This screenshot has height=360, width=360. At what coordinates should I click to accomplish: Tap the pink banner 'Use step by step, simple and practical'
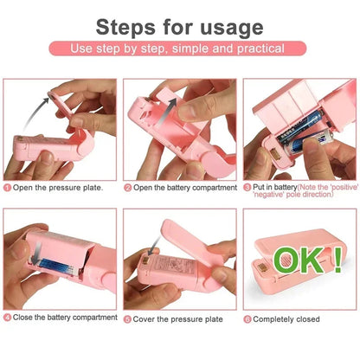point(179,48)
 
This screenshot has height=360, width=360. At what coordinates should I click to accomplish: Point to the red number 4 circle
point(8,318)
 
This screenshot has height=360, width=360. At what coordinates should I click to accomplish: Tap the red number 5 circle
point(127,318)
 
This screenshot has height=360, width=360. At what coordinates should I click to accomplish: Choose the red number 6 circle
point(247,318)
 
